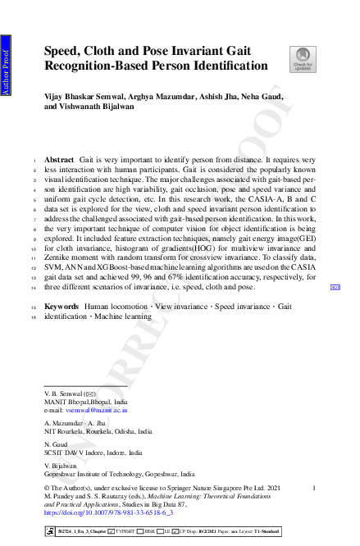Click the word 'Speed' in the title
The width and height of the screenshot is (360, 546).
(x=62, y=50)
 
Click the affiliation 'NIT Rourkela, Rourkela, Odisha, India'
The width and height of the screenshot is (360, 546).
(x=98, y=430)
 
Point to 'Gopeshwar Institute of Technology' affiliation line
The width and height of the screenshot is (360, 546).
(x=119, y=474)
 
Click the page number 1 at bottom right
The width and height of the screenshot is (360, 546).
(x=314, y=489)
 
